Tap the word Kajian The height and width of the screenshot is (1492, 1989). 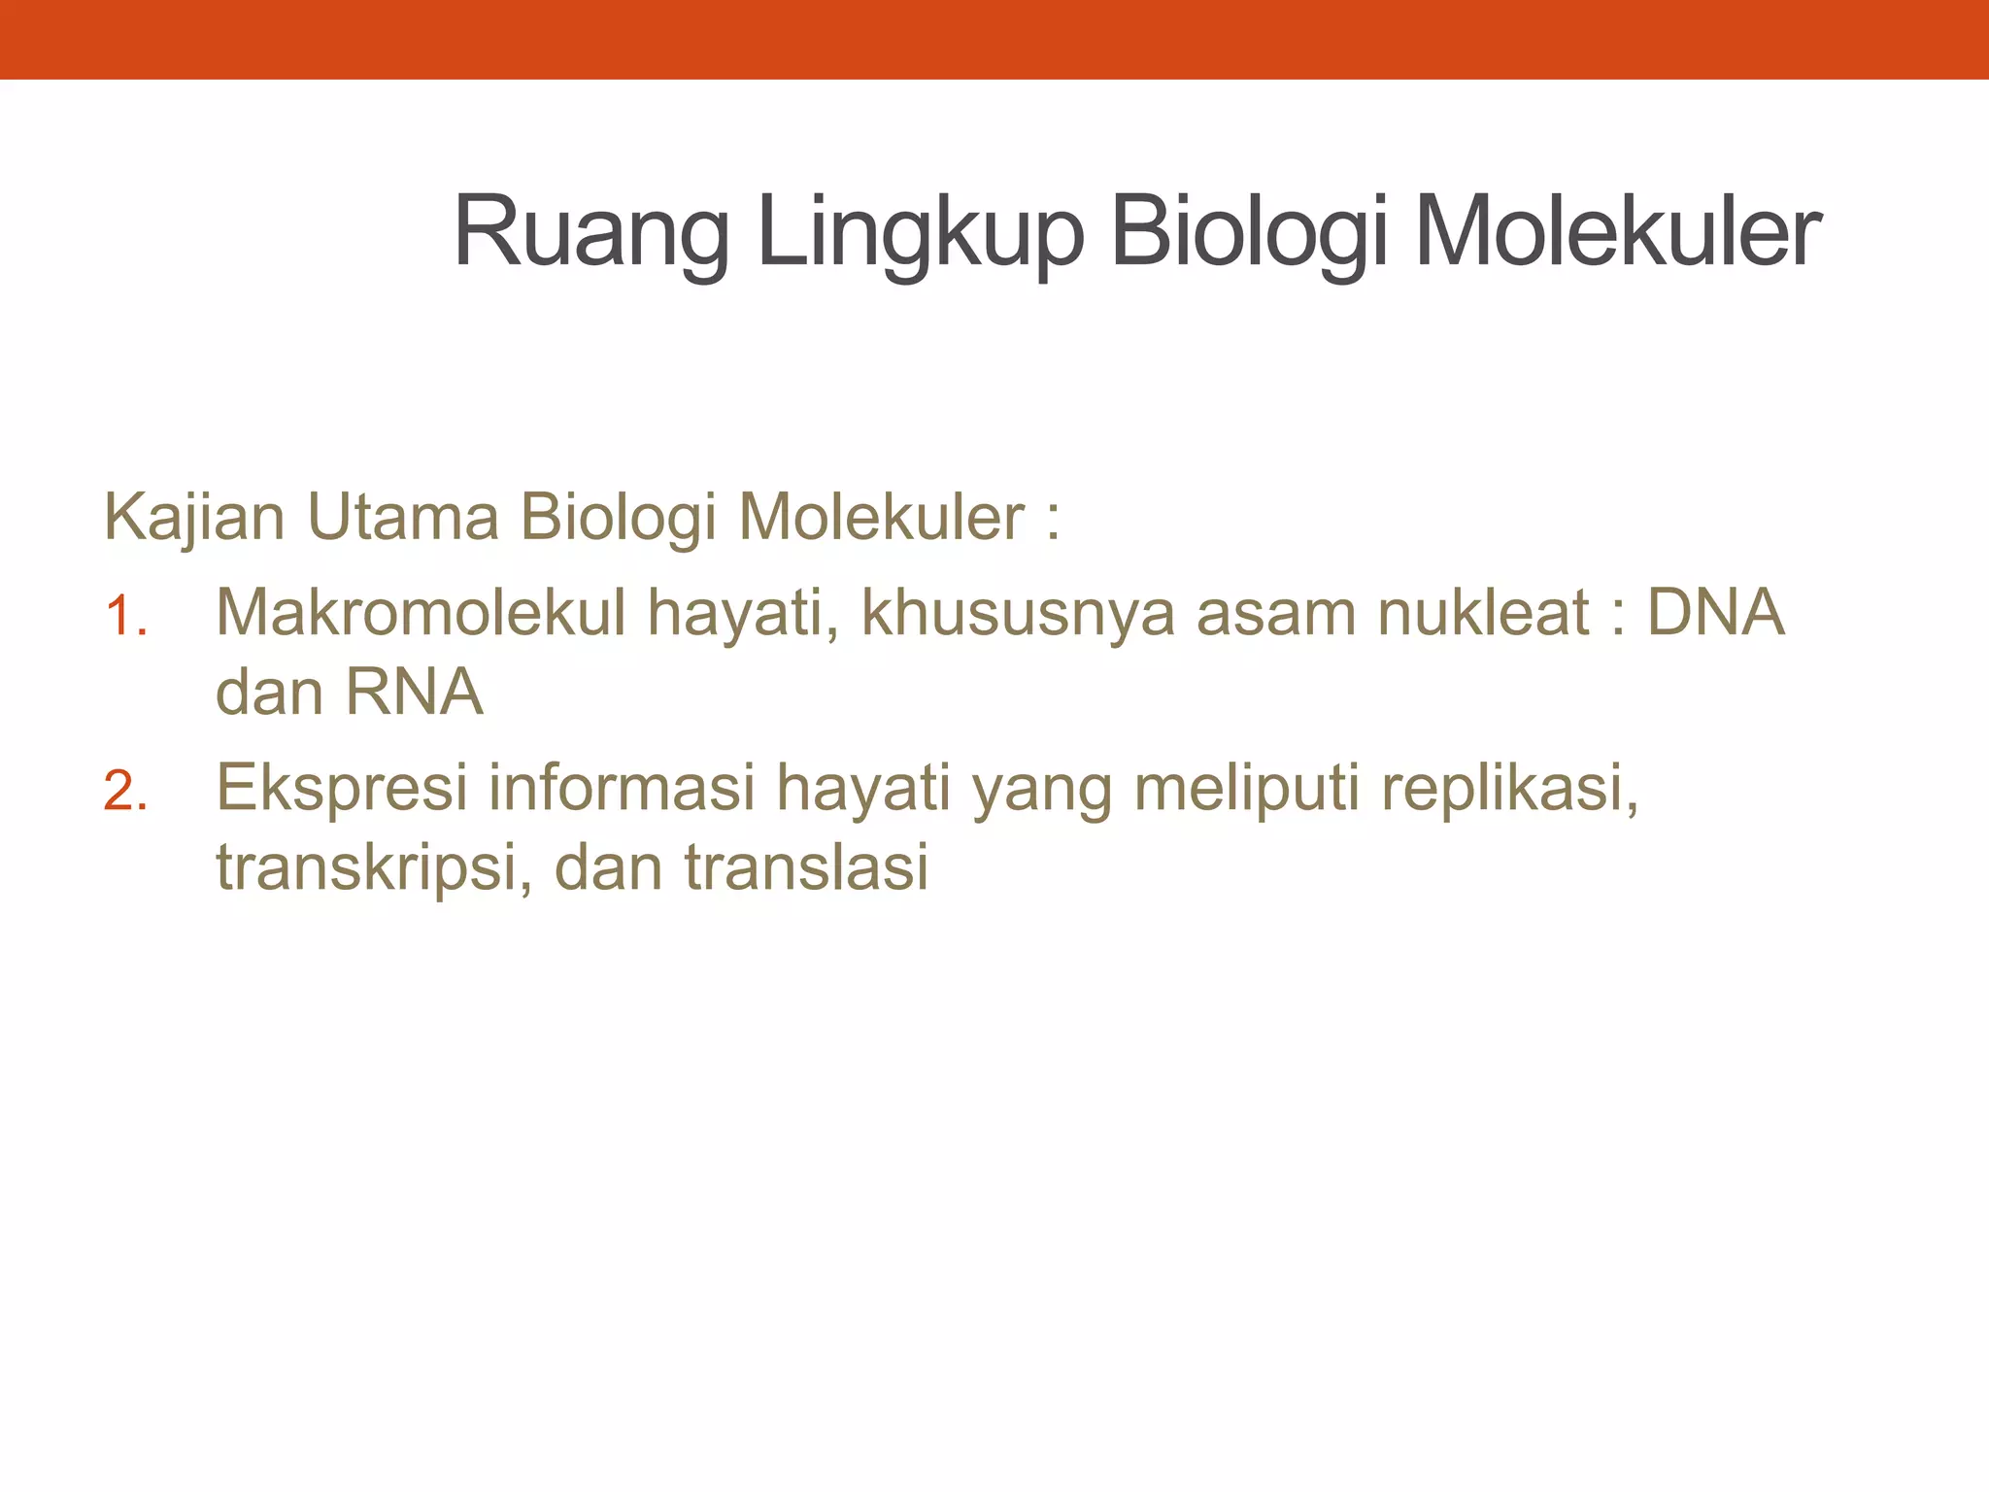[194, 518]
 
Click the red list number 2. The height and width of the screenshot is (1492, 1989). [125, 792]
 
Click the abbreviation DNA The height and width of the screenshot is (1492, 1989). [1716, 613]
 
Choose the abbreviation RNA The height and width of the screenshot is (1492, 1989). [414, 693]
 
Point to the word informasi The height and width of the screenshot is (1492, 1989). [622, 788]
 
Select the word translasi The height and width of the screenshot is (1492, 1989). [806, 867]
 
